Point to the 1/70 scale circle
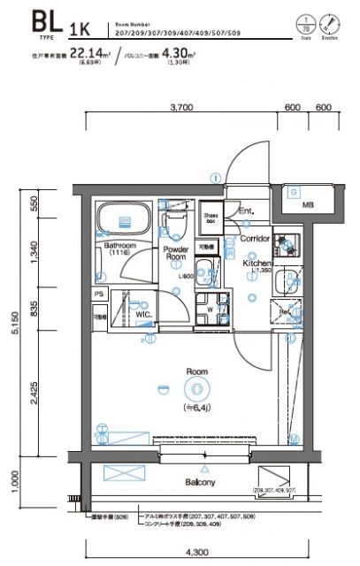(x=306, y=20)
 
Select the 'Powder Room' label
(x=176, y=255)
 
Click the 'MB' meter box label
(x=308, y=205)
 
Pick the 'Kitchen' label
(x=258, y=264)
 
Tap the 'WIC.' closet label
(x=145, y=314)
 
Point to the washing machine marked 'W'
(x=210, y=310)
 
